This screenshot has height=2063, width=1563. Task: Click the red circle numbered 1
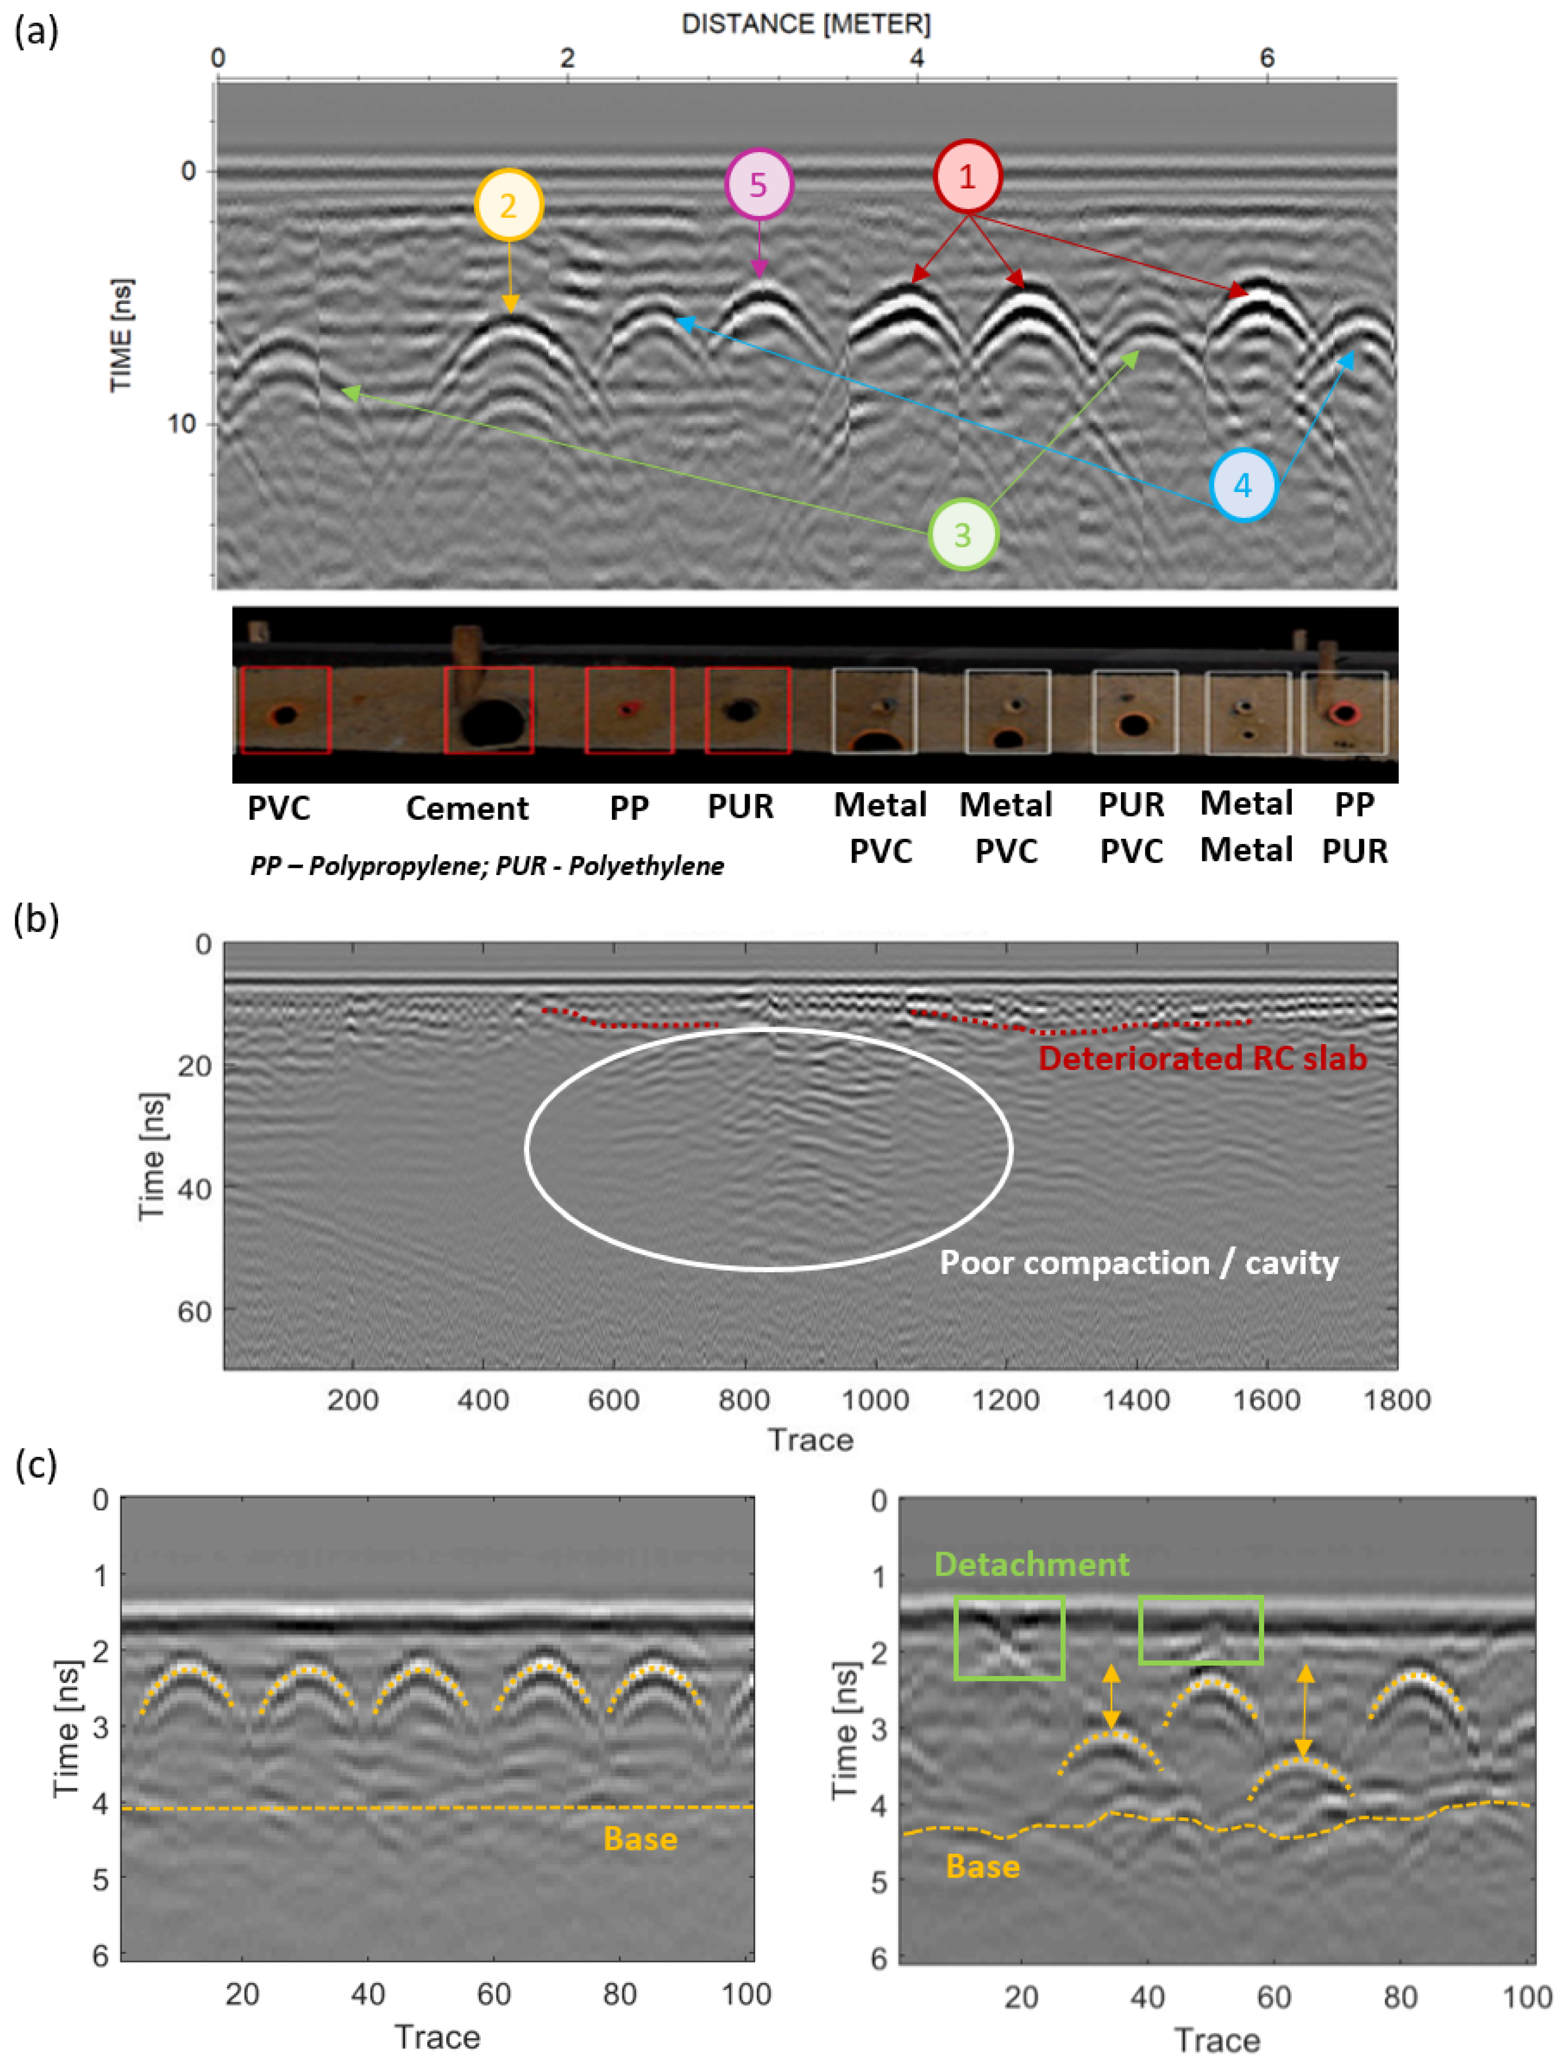point(967,176)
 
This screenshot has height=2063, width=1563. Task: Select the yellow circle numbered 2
point(508,204)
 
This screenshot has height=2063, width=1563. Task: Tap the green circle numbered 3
point(963,534)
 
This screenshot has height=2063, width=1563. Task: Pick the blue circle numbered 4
point(1242,485)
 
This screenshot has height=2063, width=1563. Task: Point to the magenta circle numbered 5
point(758,184)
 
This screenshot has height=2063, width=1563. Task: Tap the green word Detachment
point(1032,1564)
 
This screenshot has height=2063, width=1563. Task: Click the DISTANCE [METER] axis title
point(806,24)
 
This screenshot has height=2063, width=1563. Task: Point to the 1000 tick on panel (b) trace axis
point(875,1400)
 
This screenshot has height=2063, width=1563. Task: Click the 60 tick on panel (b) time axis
point(194,1312)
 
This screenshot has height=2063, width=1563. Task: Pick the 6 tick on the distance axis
point(1267,58)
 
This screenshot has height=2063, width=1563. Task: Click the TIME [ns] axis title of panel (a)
point(121,336)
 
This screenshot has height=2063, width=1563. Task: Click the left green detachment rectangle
point(1009,1638)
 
